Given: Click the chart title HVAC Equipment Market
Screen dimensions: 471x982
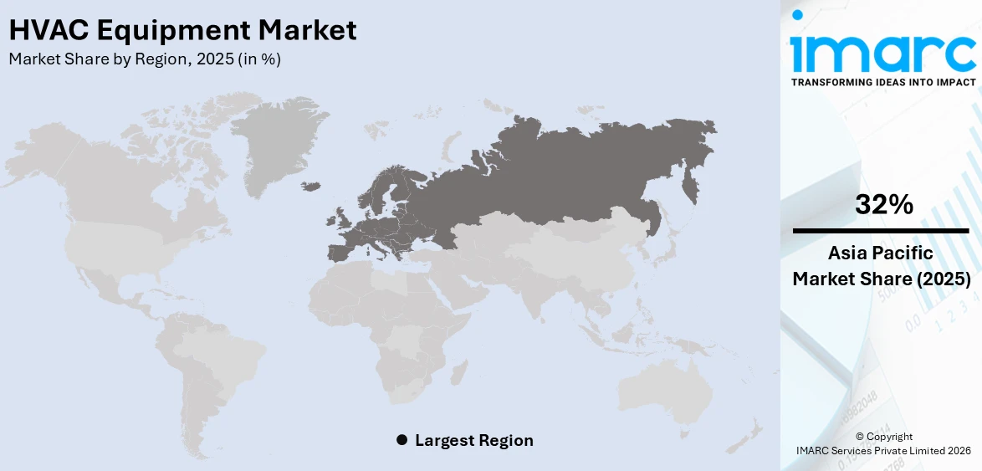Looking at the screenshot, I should (182, 30).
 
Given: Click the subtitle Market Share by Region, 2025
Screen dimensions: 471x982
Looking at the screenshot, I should (145, 59).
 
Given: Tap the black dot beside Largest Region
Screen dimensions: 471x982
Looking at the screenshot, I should (401, 440).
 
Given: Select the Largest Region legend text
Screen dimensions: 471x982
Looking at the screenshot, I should (473, 440).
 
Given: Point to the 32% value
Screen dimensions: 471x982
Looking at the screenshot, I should (882, 204).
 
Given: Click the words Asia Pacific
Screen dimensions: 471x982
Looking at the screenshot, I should (882, 253).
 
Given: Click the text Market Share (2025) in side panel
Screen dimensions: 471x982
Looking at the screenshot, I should (882, 279).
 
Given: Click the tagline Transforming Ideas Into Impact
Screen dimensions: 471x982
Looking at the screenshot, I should (882, 82).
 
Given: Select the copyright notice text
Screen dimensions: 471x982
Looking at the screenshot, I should (884, 443).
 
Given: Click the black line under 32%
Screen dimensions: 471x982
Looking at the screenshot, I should (881, 230).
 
